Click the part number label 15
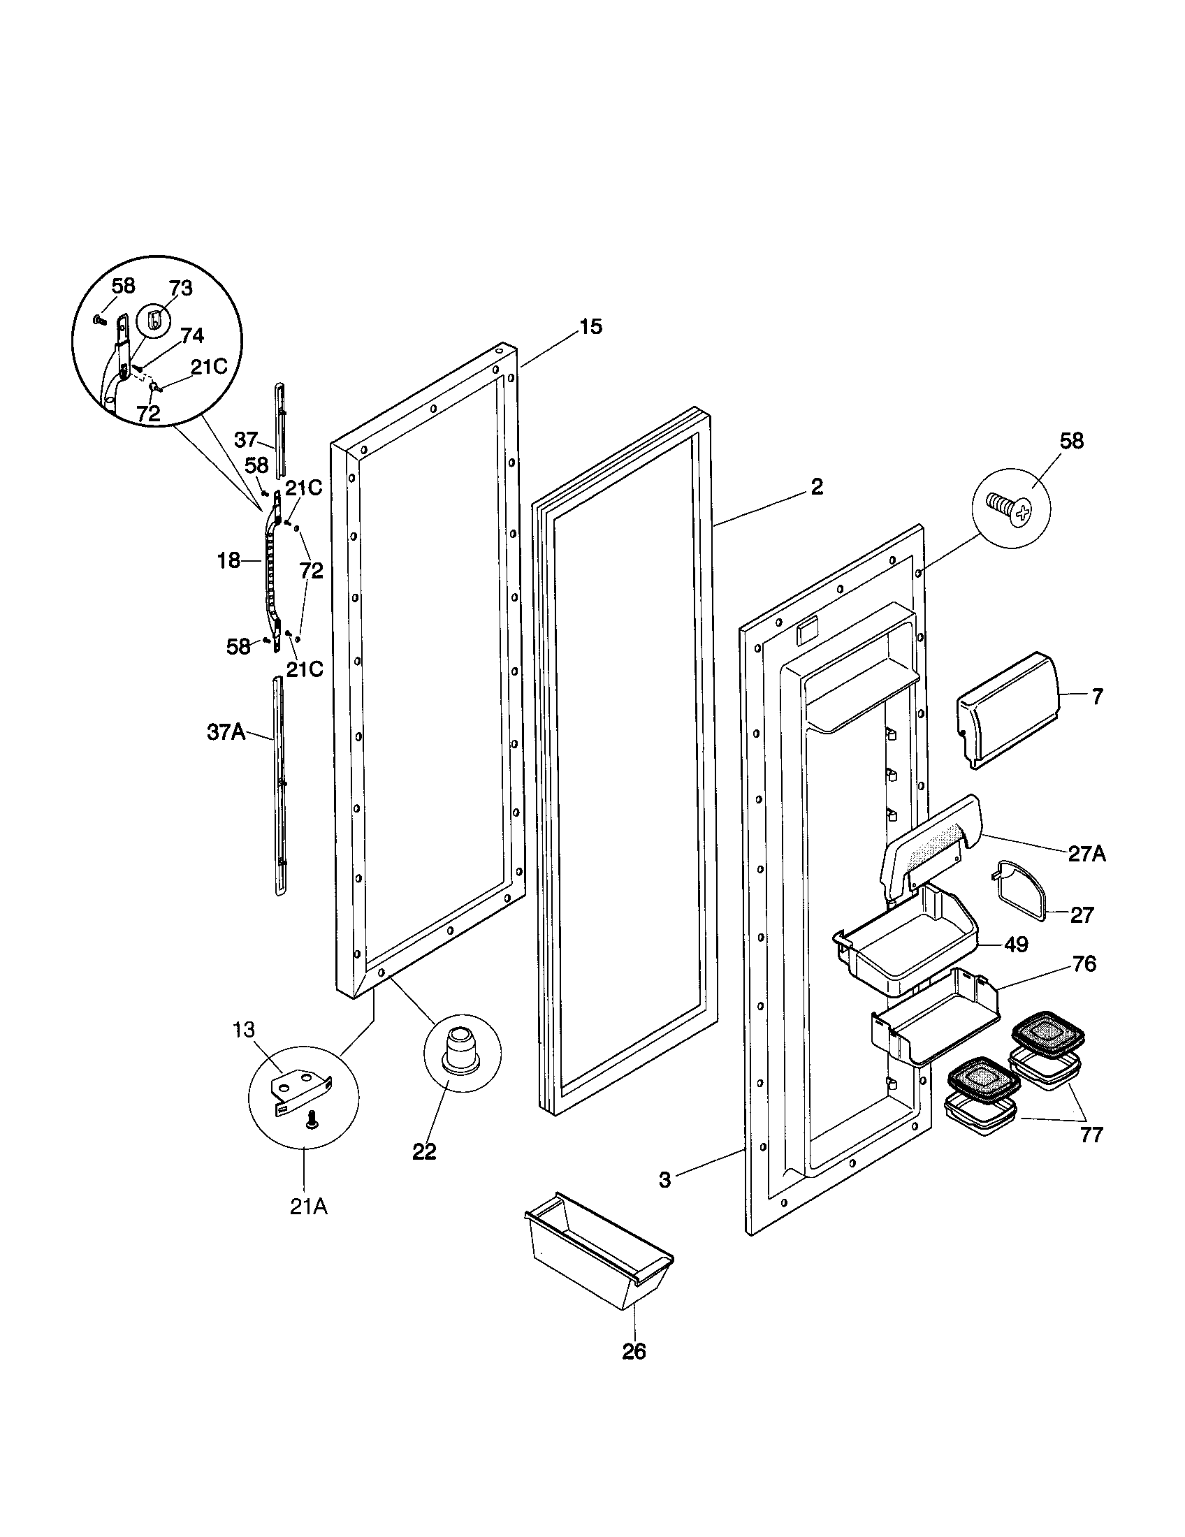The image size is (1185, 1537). tap(591, 326)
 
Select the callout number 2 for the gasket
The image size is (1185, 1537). tap(816, 487)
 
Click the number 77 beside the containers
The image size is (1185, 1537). tap(1091, 1135)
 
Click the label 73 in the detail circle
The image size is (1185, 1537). tap(180, 289)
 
